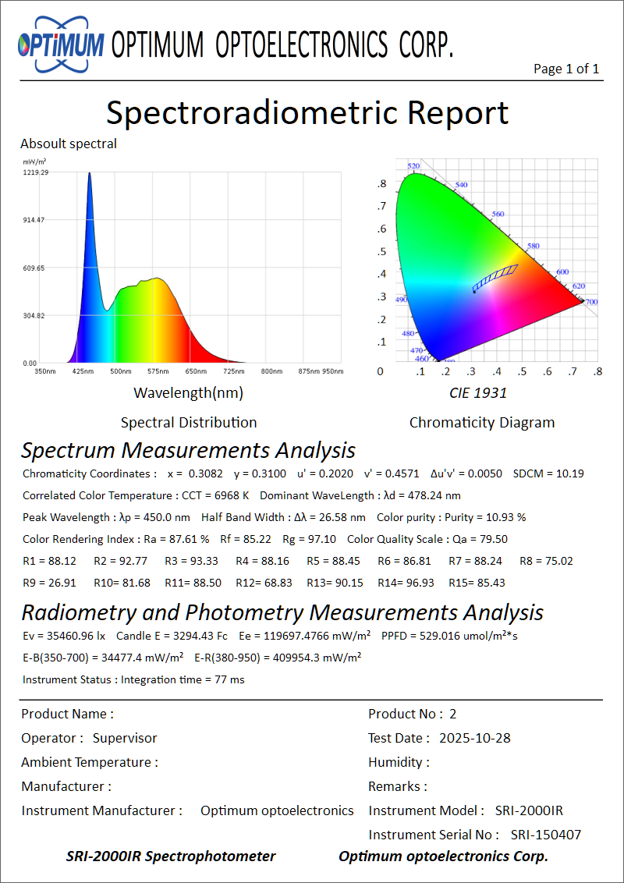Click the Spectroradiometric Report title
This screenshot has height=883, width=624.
[307, 112]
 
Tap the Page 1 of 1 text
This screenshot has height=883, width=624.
[566, 69]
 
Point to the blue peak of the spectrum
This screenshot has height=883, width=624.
[90, 175]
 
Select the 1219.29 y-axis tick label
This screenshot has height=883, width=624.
[36, 172]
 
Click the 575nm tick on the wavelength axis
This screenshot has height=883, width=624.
[158, 371]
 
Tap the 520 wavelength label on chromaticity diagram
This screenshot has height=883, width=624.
[414, 166]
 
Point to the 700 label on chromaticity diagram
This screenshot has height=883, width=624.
[591, 302]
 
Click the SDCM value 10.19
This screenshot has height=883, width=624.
[569, 473]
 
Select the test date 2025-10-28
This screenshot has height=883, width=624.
[475, 738]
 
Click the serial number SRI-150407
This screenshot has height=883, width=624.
[546, 835]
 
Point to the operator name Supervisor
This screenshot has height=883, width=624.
[125, 738]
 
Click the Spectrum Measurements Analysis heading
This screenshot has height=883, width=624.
[188, 451]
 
